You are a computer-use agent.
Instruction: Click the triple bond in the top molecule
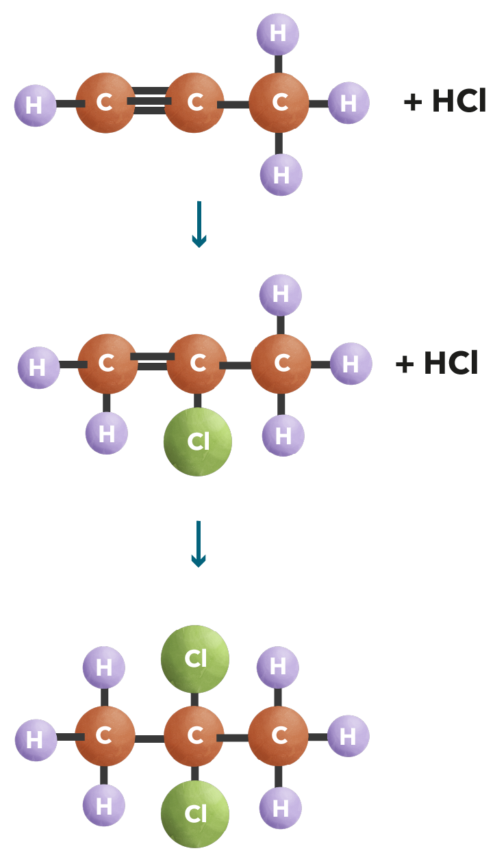point(150,101)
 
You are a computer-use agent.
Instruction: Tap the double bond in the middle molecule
point(152,361)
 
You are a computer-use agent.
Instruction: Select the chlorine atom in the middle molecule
point(198,442)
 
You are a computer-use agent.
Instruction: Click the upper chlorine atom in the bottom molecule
point(195,659)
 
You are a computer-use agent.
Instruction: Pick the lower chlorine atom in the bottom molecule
point(195,813)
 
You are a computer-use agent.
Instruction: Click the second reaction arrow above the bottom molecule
point(199,544)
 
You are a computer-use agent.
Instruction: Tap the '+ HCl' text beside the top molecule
point(444,102)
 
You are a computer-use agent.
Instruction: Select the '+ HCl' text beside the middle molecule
point(436,363)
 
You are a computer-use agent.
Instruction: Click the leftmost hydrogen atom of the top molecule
point(35,105)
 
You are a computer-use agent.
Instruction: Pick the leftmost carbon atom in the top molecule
point(105,103)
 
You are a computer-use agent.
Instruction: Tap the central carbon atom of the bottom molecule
point(194,736)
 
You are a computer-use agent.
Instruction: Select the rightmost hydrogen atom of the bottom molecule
point(348,736)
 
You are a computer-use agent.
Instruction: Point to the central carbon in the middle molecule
point(197,364)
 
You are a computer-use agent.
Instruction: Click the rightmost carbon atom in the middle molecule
point(281,364)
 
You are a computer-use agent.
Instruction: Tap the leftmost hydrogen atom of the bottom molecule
point(36,739)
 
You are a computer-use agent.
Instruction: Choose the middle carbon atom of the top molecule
point(194,103)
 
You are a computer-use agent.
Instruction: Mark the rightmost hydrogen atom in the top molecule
point(348,103)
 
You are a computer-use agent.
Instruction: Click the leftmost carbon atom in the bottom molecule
point(105,736)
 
